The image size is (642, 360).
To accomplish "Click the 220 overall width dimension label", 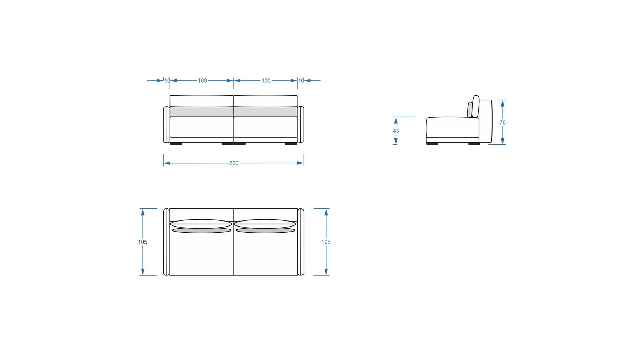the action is pos(234,163).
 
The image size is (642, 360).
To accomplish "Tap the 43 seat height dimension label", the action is pos(396,131).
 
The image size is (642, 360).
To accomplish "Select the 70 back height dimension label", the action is pos(503,122).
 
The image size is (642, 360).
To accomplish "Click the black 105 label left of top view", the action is pos(143,242).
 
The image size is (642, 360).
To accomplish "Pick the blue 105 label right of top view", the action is pos(326,242).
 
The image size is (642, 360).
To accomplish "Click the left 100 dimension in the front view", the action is pos(202,81).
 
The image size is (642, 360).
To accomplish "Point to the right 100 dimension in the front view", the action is pos(266,81).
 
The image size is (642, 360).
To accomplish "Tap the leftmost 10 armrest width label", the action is pos(167,81).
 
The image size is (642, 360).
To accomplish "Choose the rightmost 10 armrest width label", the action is pos(301,81).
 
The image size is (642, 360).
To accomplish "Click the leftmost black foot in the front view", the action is pos(176,144).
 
